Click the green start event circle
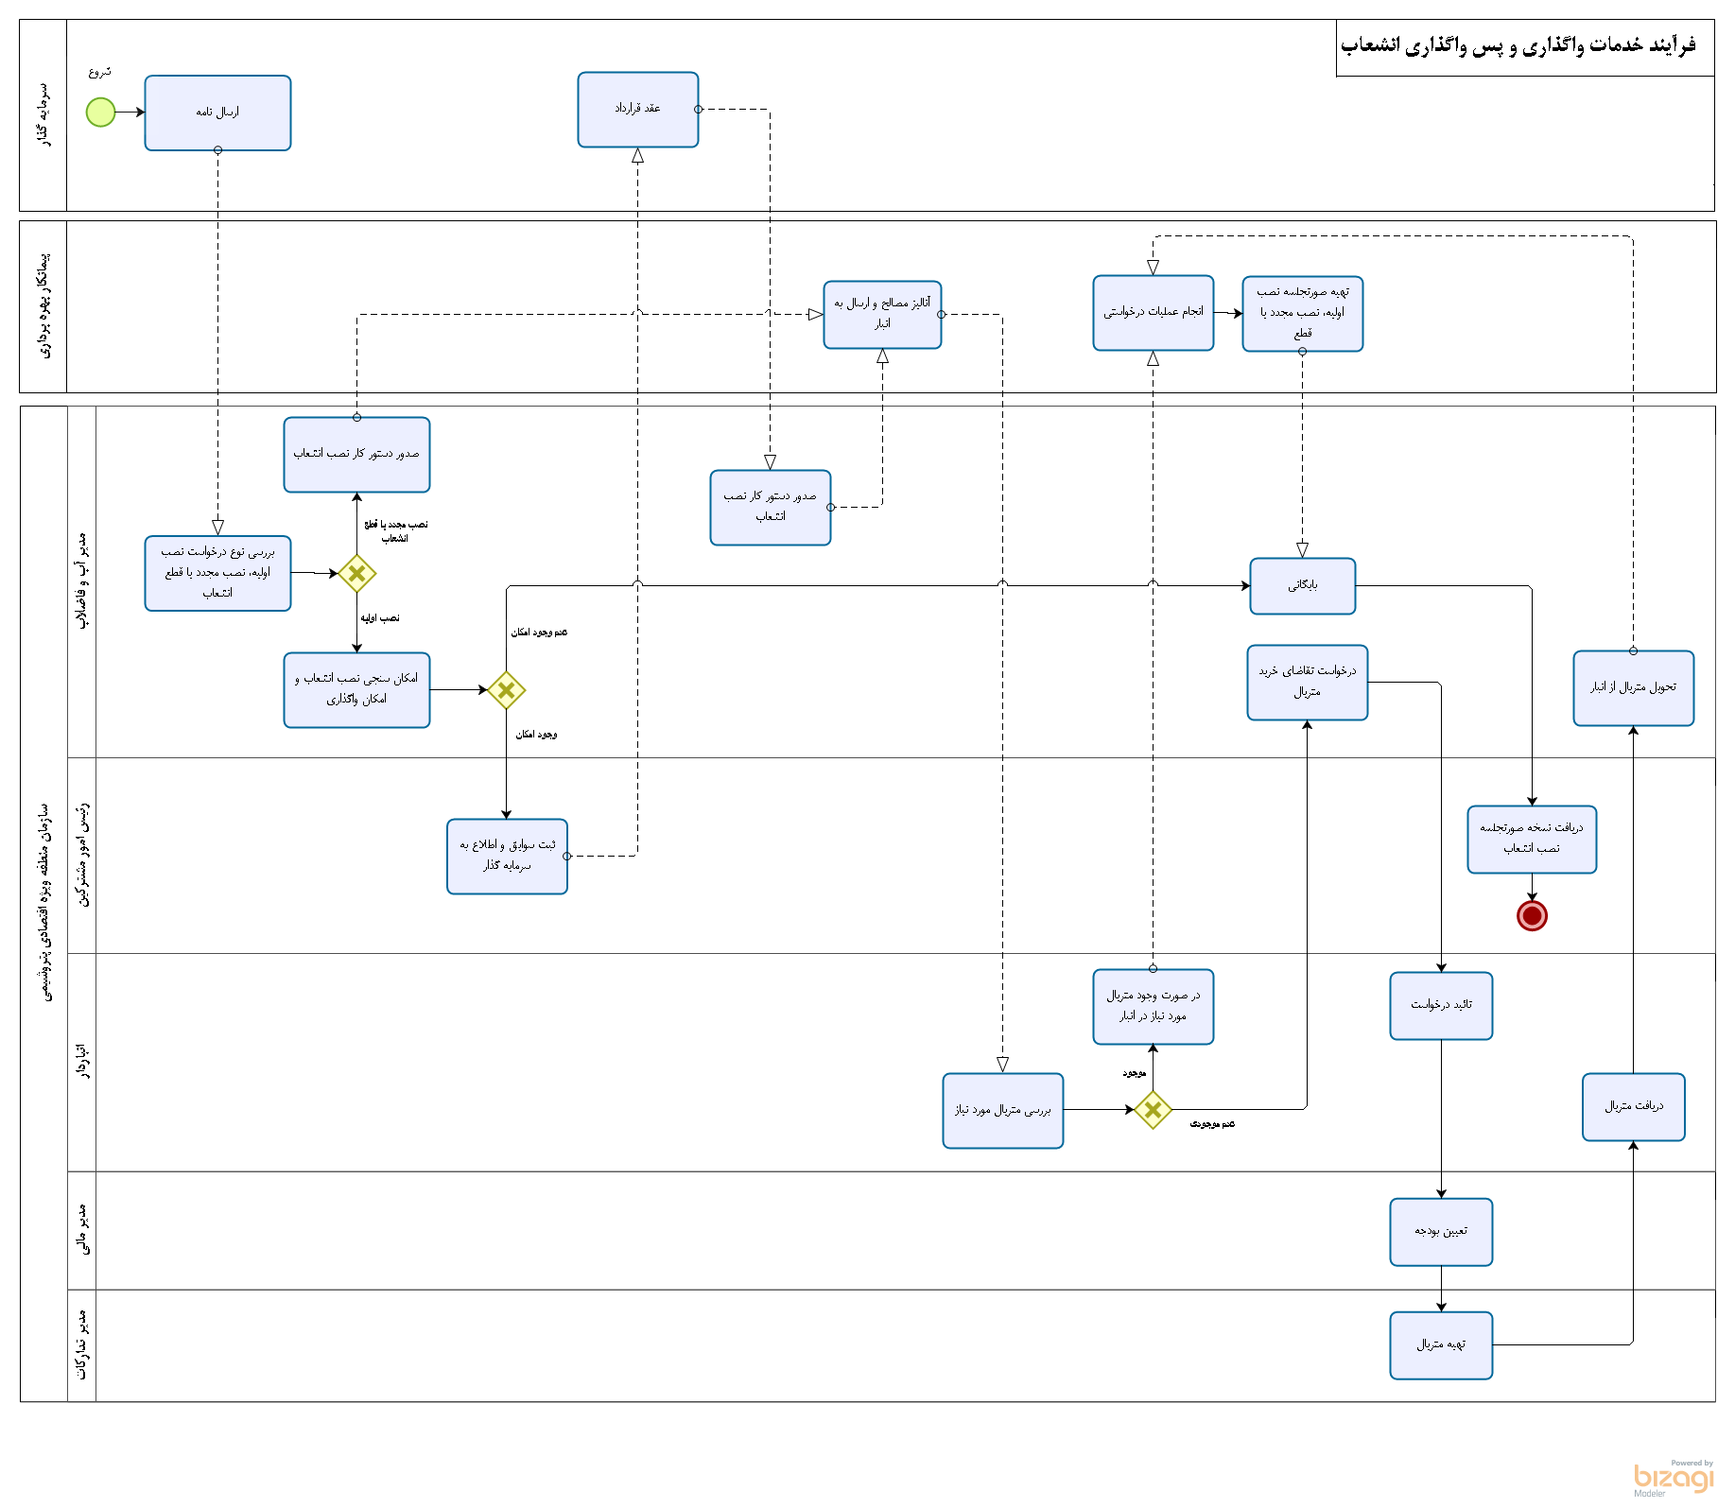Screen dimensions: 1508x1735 click(100, 113)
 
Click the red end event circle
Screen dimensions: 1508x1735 click(1532, 915)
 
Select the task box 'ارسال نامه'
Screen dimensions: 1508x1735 click(217, 113)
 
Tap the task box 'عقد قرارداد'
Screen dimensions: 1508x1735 click(638, 110)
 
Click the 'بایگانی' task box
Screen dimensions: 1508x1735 click(1302, 586)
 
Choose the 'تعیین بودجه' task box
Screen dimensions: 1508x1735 click(1441, 1232)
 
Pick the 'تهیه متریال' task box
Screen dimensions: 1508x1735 click(1441, 1344)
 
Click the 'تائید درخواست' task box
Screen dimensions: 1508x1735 click(1441, 1005)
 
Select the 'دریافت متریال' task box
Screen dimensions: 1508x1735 click(1633, 1106)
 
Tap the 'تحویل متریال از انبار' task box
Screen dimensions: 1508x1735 click(1633, 688)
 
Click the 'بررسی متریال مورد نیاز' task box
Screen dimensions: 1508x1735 click(1002, 1110)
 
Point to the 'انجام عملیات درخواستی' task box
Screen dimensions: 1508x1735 click(1153, 313)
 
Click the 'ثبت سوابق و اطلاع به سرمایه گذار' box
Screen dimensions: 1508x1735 click(507, 856)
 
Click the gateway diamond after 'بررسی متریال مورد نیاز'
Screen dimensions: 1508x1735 click(1153, 1110)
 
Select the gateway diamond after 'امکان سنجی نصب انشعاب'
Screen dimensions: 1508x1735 click(506, 690)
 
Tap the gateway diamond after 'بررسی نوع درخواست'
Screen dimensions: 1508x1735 click(356, 573)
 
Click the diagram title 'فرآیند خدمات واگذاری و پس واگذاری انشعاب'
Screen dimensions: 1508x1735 click(1518, 45)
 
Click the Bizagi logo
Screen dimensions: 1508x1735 click(1674, 1478)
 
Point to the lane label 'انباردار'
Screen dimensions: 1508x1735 click(82, 1062)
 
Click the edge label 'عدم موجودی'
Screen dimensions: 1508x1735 click(1212, 1124)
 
